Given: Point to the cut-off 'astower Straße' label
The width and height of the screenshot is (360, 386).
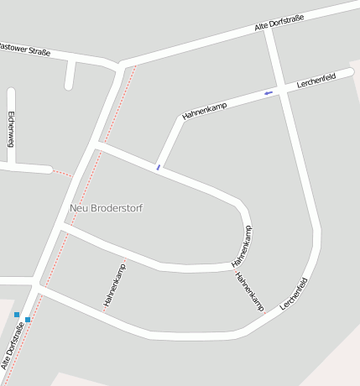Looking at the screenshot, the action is [25, 50].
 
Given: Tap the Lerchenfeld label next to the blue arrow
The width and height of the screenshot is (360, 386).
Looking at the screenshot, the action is [316, 81].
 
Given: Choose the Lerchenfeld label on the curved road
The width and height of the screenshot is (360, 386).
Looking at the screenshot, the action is [294, 295].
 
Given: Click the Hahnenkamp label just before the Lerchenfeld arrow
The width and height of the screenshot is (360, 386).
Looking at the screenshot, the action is [205, 108].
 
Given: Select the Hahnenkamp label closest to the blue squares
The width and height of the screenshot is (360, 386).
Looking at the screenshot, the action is [115, 284].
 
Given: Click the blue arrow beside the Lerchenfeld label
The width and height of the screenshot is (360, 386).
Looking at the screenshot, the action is [269, 92].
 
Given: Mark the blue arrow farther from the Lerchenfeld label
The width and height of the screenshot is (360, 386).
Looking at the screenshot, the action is [158, 167].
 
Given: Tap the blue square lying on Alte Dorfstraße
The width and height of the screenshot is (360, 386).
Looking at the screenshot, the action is [28, 320].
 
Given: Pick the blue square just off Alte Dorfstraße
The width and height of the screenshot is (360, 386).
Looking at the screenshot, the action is [17, 315].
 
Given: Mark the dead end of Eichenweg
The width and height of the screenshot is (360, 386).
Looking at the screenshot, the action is [11, 91].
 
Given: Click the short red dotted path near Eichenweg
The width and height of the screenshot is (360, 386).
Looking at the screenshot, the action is [61, 173].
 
